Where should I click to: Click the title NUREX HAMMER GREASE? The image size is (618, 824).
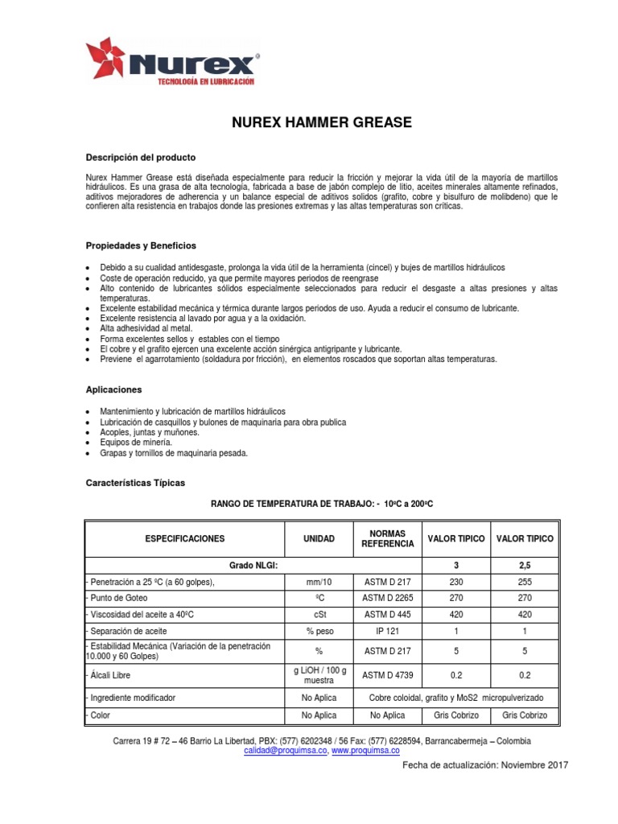(321, 123)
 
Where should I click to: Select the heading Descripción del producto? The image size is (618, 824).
(140, 157)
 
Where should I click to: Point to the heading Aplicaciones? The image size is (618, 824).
(113, 389)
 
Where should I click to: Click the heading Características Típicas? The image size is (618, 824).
(135, 483)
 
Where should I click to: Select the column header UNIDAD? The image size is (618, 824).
(319, 538)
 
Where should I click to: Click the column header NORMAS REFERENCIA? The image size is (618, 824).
(388, 538)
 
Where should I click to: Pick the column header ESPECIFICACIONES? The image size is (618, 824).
(185, 538)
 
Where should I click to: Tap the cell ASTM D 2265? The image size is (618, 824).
(388, 598)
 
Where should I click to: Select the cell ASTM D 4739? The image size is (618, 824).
(388, 675)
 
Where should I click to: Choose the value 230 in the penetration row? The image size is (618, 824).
(456, 582)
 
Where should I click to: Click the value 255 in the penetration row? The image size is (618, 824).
(525, 582)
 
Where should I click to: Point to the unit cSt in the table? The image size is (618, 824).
(319, 614)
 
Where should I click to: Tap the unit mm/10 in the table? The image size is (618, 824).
(319, 582)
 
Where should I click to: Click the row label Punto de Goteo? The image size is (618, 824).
(119, 598)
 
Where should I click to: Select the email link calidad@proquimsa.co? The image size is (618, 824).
(284, 750)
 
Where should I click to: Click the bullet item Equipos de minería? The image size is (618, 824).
(136, 443)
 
